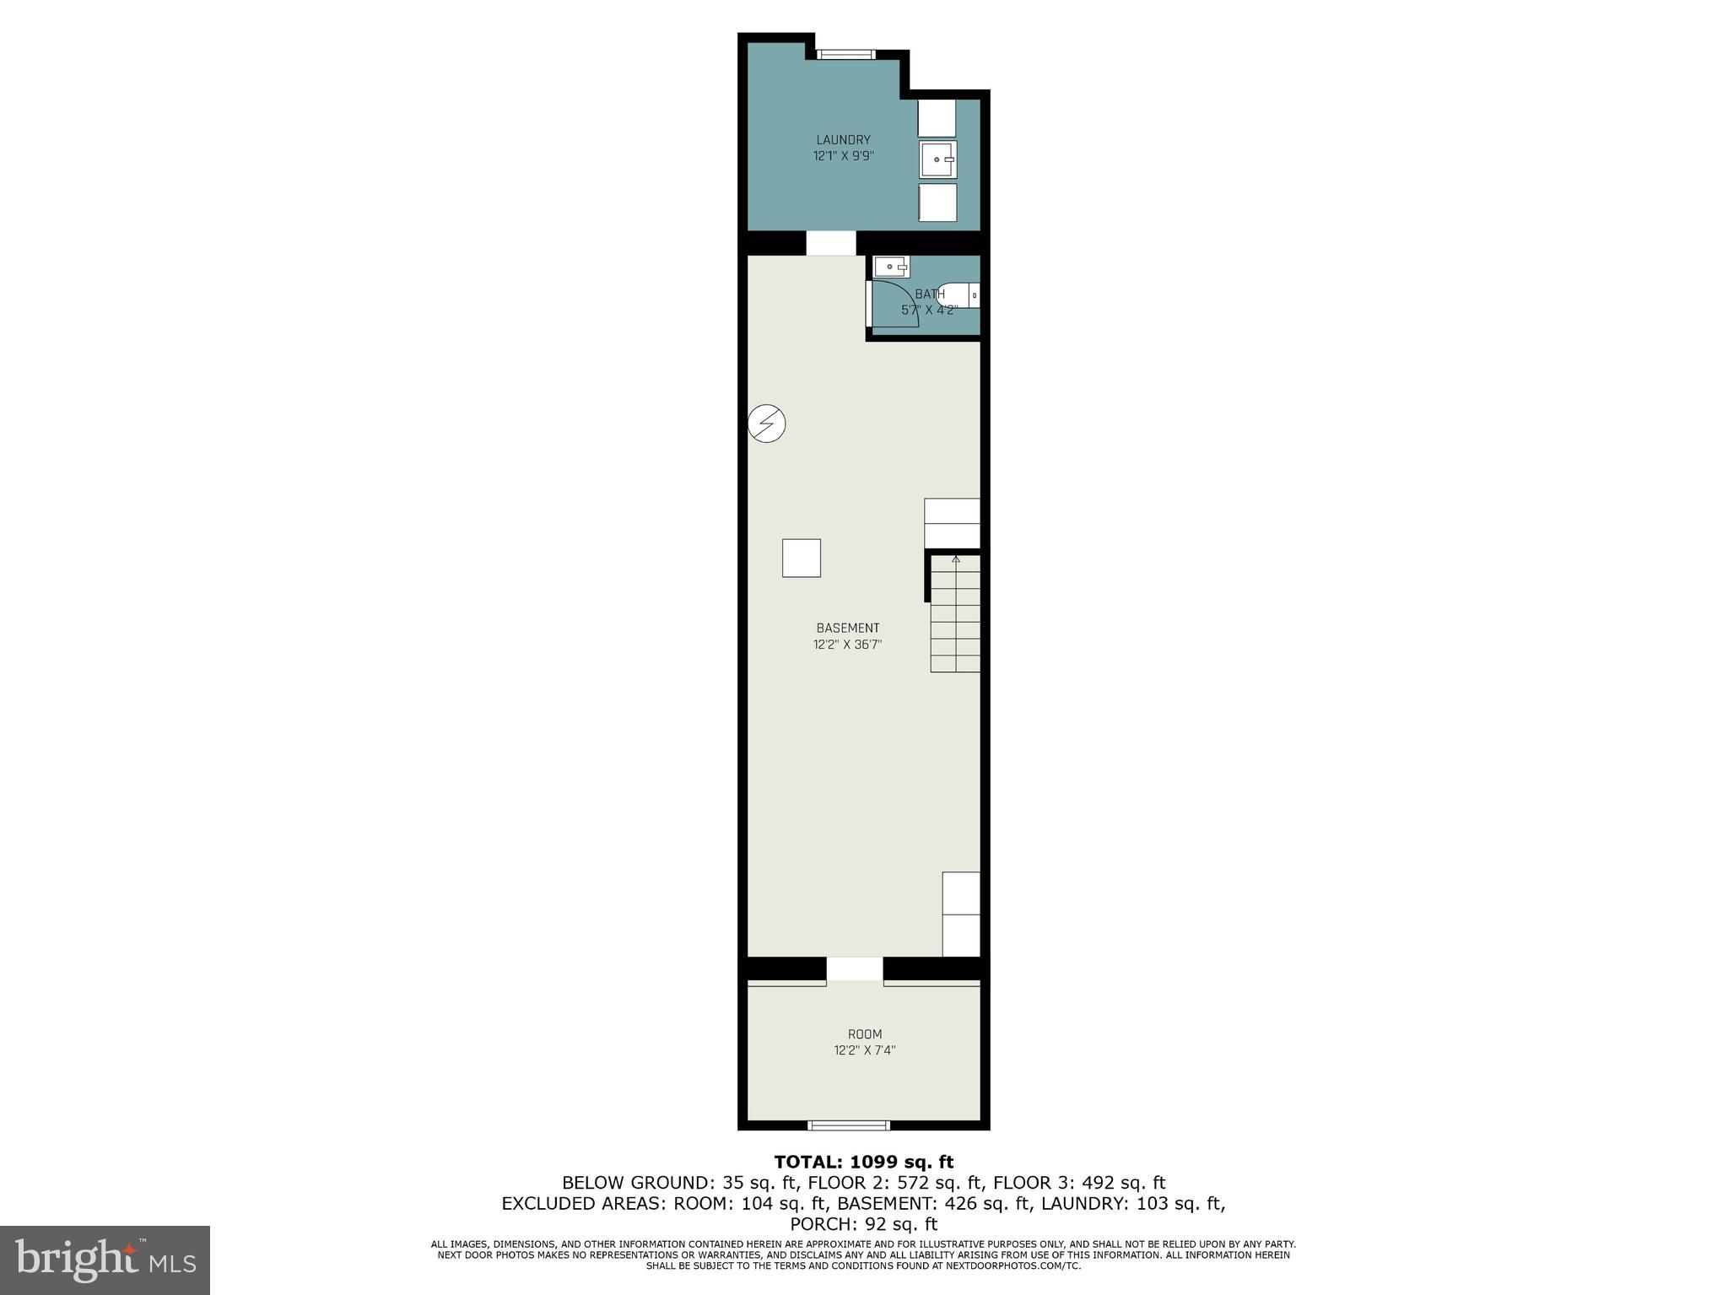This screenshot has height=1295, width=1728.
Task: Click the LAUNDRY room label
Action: tap(842, 140)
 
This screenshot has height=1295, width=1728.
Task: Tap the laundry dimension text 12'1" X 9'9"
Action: tap(842, 156)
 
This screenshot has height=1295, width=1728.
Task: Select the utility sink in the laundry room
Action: tap(937, 159)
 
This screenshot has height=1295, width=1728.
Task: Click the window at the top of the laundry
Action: tap(845, 55)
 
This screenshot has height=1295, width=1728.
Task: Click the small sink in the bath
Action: tap(891, 267)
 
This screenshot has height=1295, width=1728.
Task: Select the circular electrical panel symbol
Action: tap(767, 424)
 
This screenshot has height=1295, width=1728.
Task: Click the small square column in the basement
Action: tap(801, 558)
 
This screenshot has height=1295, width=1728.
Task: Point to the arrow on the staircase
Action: tap(956, 558)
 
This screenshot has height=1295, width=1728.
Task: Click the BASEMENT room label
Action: tap(847, 628)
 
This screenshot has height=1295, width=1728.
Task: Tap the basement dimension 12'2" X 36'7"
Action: tap(847, 645)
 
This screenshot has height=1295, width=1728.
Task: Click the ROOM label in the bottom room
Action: tap(864, 1034)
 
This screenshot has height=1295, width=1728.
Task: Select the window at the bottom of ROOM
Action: tap(849, 1125)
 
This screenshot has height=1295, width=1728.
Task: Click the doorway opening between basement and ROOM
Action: tap(854, 969)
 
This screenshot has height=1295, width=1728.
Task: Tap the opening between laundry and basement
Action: tap(830, 243)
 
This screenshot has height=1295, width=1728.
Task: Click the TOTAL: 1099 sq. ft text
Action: tap(863, 1162)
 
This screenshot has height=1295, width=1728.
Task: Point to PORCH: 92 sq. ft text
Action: tap(863, 1223)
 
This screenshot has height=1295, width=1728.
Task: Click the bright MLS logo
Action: tap(105, 1260)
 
